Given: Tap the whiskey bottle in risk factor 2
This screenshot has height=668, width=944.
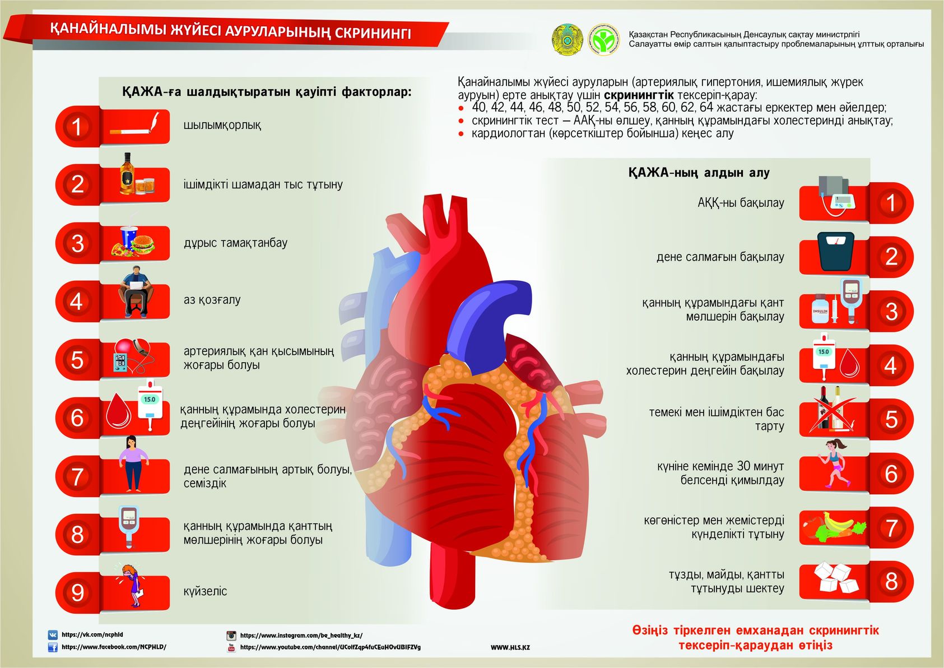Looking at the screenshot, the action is (x=127, y=174).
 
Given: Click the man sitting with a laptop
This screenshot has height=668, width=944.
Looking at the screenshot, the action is (x=136, y=291).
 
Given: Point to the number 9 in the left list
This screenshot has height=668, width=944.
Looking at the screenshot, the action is (x=77, y=592).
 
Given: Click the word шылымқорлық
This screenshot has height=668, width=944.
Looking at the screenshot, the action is (x=222, y=125).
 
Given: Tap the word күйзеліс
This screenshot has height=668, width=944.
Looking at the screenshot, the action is (x=205, y=591).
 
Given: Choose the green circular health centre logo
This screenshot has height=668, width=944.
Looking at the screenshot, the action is (x=604, y=40).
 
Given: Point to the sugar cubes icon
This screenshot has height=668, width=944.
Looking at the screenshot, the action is (x=836, y=578).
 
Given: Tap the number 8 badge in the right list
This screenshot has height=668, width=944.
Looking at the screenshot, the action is (x=891, y=581).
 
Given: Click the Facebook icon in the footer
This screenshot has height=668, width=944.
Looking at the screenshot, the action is (x=53, y=647).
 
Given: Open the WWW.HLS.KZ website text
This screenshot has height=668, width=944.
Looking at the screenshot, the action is (x=510, y=647).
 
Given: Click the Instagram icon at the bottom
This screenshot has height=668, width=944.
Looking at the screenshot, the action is (x=231, y=635).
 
